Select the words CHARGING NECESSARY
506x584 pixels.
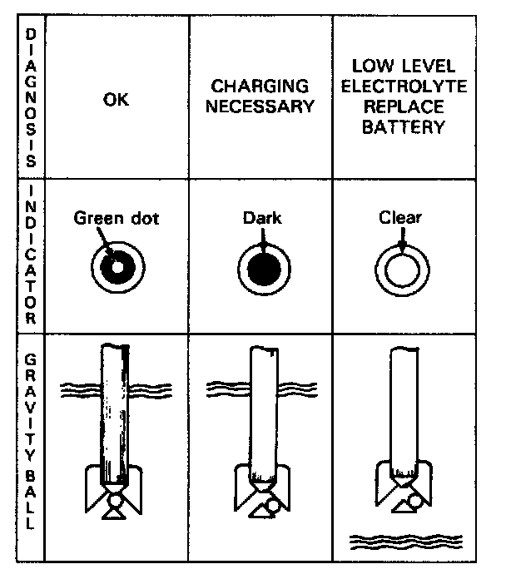[x=260, y=97]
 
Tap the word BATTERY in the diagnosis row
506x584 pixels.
[x=404, y=129]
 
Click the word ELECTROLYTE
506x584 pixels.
[x=404, y=87]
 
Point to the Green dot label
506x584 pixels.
[x=117, y=219]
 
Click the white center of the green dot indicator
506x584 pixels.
[x=118, y=268]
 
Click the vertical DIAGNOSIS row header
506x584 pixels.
[x=30, y=97]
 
